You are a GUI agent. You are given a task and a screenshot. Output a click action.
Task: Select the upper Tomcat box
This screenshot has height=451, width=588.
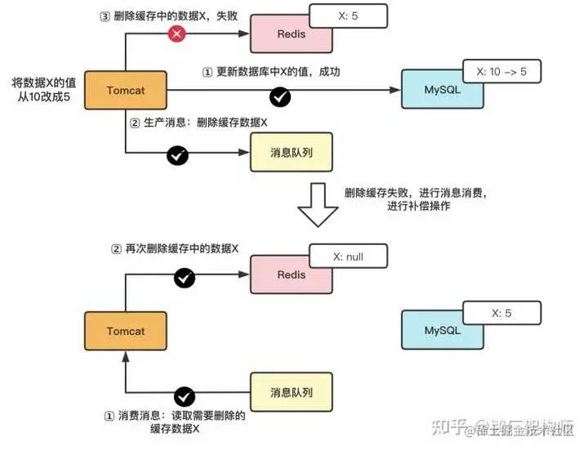coord(125,90)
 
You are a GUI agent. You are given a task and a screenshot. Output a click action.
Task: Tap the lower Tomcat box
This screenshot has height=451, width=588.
coord(125,331)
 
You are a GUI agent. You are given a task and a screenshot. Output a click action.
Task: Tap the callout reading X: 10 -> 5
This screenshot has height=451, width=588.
coord(501,72)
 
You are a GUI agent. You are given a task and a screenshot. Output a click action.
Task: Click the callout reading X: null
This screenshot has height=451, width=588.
coord(349,257)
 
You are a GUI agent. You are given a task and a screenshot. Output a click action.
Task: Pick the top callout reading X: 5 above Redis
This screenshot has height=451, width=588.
coord(349,16)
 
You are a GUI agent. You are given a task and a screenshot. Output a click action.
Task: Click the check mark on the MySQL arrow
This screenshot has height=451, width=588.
coord(281,97)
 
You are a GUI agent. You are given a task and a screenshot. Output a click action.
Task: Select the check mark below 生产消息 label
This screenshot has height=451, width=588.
coord(176,154)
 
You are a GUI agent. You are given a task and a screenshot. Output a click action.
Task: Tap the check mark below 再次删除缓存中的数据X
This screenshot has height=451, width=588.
coord(185,279)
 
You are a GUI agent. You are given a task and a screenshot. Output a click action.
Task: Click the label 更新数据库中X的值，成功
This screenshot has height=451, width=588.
coord(270,72)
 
